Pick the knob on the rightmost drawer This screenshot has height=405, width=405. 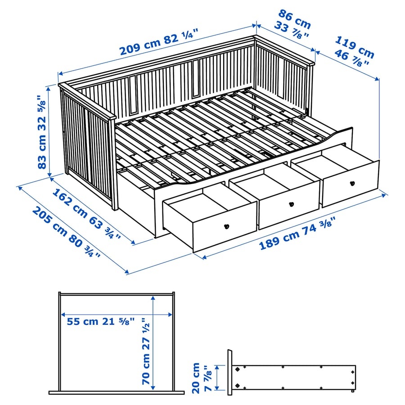click(352, 183)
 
